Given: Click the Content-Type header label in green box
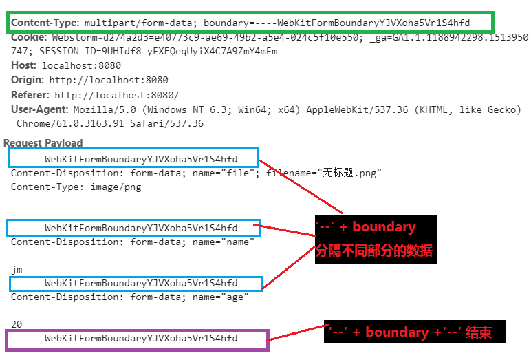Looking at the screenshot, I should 45,23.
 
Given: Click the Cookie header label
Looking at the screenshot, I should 29,37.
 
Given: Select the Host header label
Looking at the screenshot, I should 24,66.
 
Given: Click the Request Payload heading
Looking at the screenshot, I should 43,143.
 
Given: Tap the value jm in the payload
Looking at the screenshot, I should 17,269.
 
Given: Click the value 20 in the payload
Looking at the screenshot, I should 17,324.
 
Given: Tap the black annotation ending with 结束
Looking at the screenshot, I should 415,332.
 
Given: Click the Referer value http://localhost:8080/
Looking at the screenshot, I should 117,95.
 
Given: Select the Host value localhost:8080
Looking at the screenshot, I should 81,66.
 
